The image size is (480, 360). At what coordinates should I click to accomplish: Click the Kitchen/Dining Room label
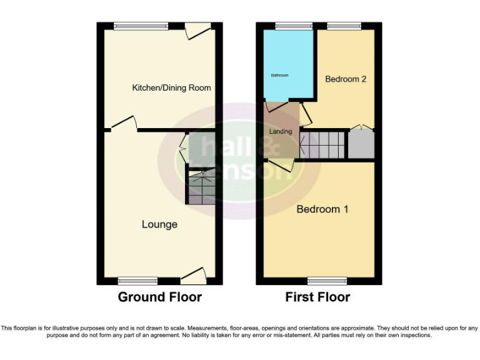pyautogui.click(x=171, y=87)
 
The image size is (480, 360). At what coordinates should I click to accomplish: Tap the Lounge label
pyautogui.click(x=159, y=224)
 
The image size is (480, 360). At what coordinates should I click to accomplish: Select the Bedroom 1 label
pyautogui.click(x=322, y=209)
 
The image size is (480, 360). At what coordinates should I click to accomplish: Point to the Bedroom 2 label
pyautogui.click(x=346, y=79)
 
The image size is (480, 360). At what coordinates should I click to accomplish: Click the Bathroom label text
pyautogui.click(x=279, y=76)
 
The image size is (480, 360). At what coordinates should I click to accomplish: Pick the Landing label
pyautogui.click(x=281, y=132)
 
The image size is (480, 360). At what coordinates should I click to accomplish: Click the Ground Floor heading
pyautogui.click(x=159, y=297)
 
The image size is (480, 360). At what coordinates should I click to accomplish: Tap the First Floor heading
pyautogui.click(x=317, y=297)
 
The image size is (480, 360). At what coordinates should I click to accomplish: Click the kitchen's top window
pyautogui.click(x=141, y=26)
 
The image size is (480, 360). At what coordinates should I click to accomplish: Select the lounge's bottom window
pyautogui.click(x=138, y=281)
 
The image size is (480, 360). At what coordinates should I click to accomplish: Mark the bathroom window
pyautogui.click(x=288, y=26)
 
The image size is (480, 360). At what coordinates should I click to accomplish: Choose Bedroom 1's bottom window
pyautogui.click(x=327, y=281)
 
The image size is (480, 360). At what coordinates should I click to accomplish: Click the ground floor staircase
pyautogui.click(x=201, y=185)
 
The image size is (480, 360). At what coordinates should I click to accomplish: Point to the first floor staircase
pyautogui.click(x=322, y=144)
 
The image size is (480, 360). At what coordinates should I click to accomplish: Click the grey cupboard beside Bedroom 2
pyautogui.click(x=361, y=144)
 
